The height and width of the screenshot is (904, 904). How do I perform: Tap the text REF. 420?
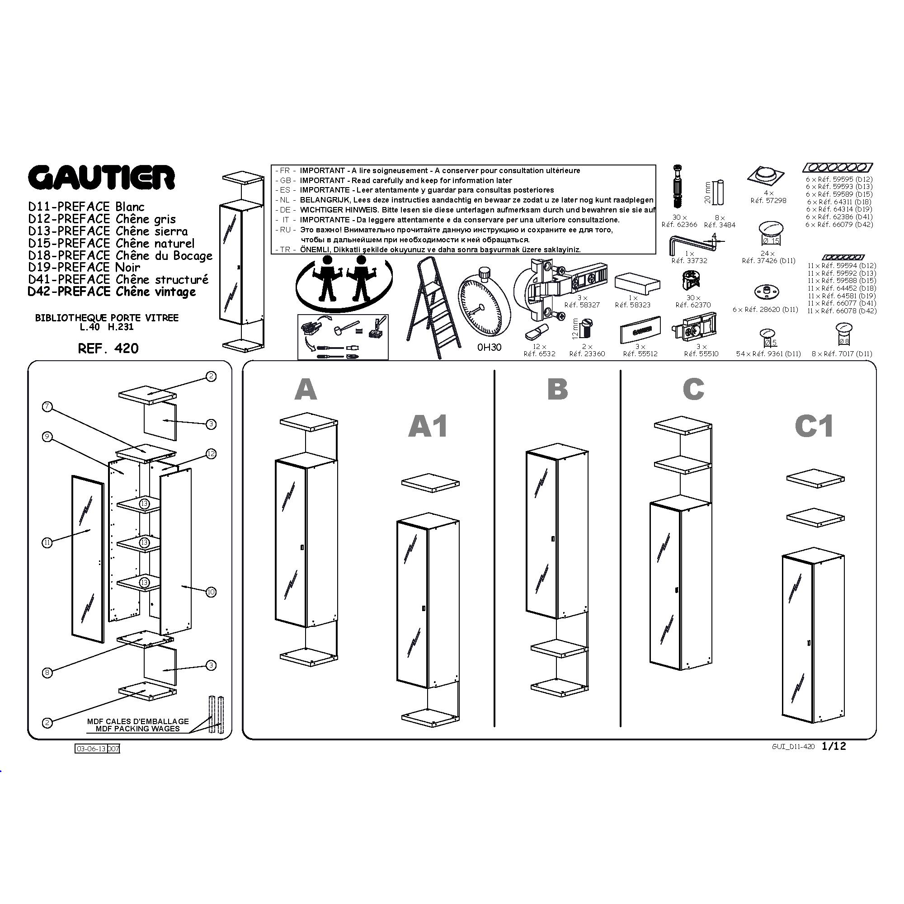108,348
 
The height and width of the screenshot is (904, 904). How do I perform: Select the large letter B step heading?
557,389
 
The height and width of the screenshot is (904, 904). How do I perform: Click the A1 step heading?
428,426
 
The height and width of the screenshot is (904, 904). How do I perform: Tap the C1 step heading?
814,426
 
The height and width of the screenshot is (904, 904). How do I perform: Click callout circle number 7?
47,407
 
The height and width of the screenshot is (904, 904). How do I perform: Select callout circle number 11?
47,543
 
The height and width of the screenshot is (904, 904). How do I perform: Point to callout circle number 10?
211,593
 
